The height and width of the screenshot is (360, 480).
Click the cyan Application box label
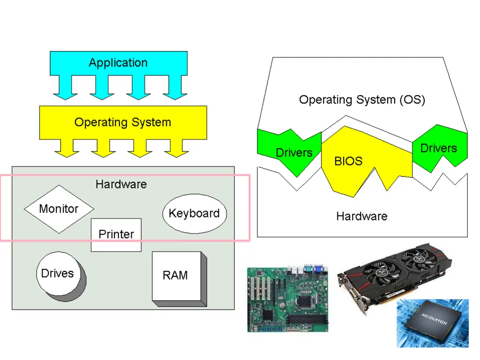pos(118,63)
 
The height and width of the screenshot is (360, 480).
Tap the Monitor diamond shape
pos(59,209)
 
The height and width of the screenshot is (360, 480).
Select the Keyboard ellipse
pos(195,213)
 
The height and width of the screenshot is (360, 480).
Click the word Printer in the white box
pos(116,234)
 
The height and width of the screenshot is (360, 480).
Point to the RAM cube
pos(179,278)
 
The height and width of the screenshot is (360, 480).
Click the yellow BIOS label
pos(348,161)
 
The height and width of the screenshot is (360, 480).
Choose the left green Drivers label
pos(294,152)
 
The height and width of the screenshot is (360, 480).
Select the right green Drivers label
pos(438,148)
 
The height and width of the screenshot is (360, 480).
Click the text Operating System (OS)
pos(362,100)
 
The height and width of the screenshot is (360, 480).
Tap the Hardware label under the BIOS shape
pos(361,217)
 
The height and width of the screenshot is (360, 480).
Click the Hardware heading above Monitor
pos(121,184)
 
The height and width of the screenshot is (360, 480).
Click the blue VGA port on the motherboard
pos(319,269)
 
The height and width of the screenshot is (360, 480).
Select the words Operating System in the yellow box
pos(123,122)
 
